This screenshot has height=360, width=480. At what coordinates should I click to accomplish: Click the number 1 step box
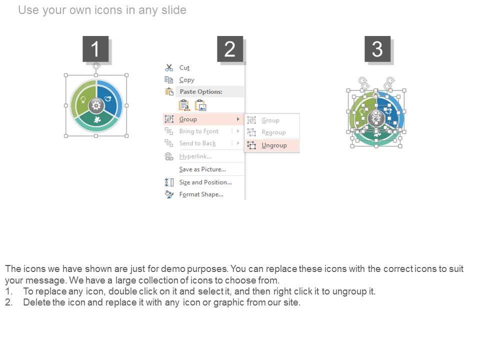(x=95, y=49)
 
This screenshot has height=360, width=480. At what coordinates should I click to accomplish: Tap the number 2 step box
(x=230, y=49)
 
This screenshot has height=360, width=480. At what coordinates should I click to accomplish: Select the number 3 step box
(x=377, y=49)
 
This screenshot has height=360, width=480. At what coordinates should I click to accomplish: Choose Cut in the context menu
(x=184, y=67)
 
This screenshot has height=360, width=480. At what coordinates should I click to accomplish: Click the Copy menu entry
(x=186, y=80)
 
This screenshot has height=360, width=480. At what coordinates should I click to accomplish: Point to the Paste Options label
(x=201, y=91)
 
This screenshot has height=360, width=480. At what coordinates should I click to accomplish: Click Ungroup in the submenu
(x=274, y=145)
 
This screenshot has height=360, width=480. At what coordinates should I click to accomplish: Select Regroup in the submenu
(x=273, y=132)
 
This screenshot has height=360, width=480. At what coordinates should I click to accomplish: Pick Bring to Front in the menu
(x=198, y=131)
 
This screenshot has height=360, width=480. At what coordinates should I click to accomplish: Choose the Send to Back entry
(x=197, y=143)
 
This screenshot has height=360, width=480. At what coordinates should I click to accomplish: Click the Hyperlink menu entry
(x=195, y=156)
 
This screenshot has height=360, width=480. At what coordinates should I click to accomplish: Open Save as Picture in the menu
(x=202, y=169)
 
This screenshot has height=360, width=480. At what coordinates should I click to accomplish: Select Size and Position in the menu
(x=205, y=182)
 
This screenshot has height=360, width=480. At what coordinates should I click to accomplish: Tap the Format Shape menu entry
(x=201, y=194)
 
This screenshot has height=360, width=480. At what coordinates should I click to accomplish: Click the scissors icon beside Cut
(x=169, y=67)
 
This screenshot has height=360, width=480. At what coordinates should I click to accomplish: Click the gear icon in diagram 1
(x=96, y=106)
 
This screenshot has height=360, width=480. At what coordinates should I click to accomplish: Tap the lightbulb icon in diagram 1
(x=83, y=99)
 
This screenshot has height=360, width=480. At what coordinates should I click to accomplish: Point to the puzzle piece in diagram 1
(x=97, y=119)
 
